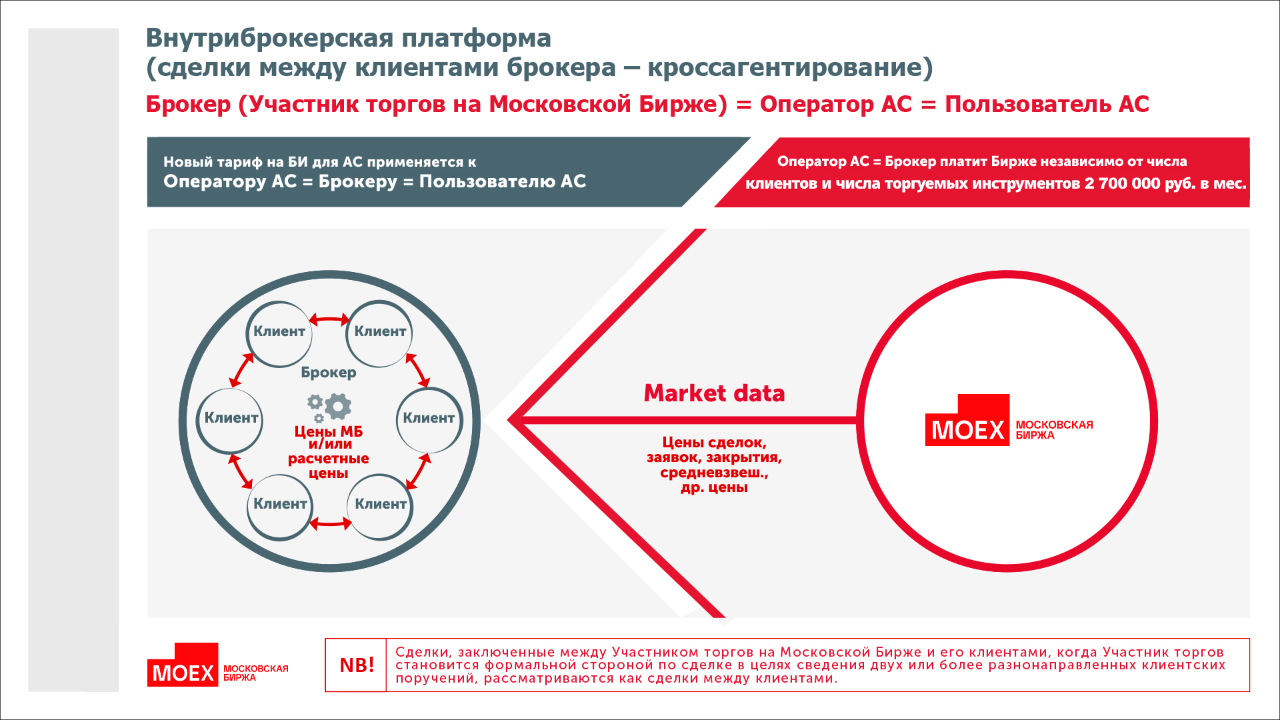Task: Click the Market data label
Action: (x=714, y=393)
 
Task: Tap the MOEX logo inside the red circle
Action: (x=1009, y=420)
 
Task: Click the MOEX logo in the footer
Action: (x=218, y=665)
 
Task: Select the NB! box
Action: (x=356, y=665)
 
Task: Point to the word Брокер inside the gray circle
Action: (x=329, y=373)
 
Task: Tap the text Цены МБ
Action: (x=329, y=431)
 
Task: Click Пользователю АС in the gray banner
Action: (x=503, y=181)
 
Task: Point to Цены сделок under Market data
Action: (x=714, y=443)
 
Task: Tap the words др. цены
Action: (x=714, y=487)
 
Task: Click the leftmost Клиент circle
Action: (x=231, y=419)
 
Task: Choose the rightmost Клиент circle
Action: (x=429, y=419)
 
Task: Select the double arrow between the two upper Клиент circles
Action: (x=329, y=320)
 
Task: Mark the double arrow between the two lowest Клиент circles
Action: (x=330, y=523)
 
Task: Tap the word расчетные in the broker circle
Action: (x=329, y=459)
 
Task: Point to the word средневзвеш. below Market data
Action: (x=714, y=473)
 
